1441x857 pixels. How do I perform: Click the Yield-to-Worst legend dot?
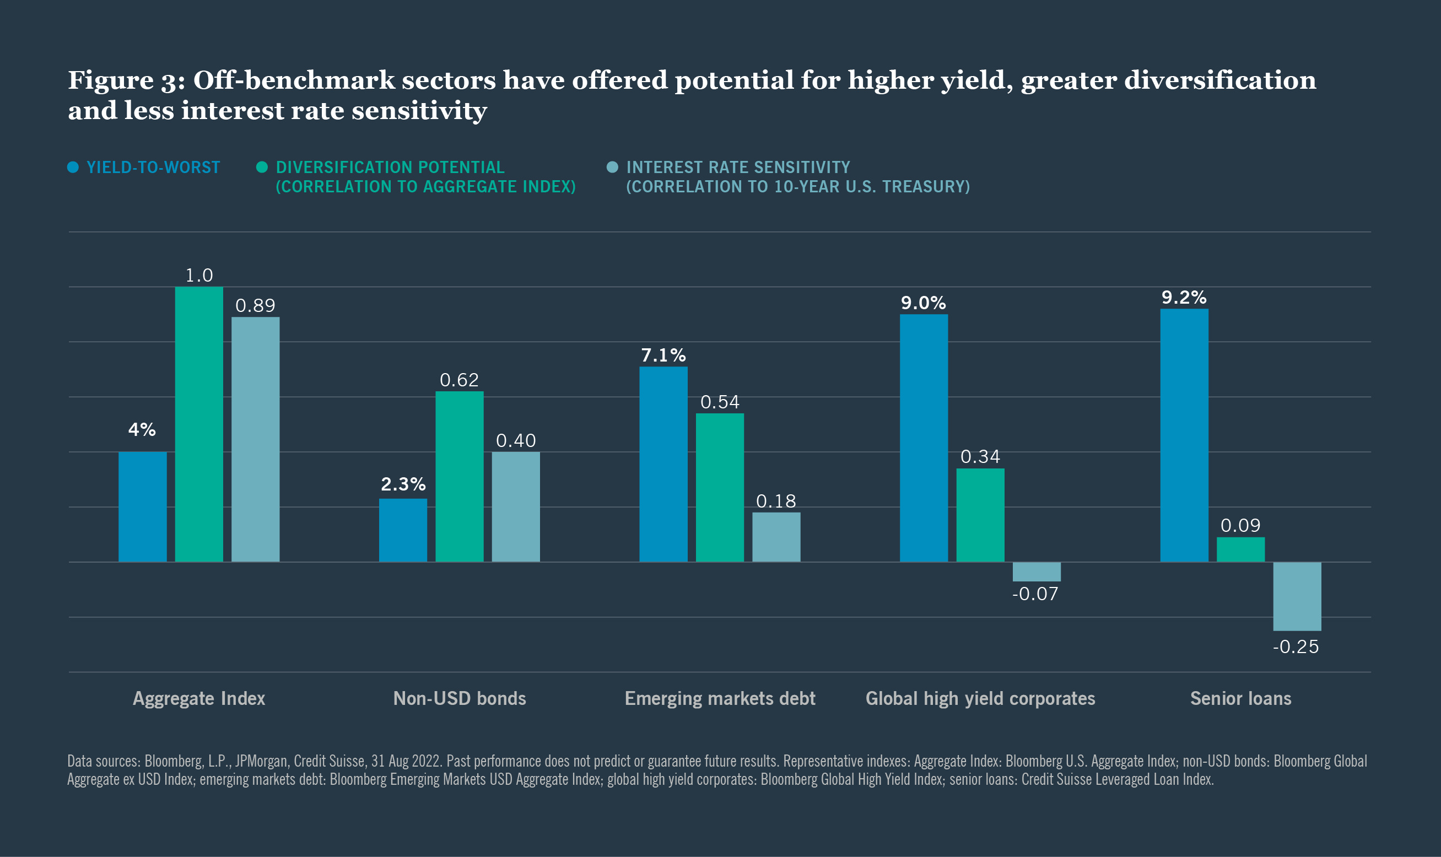[x=73, y=168]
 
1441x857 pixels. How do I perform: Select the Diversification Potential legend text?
[x=425, y=177]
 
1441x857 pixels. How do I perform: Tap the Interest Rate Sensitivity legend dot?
[x=613, y=168]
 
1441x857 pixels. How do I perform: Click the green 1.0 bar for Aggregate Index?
[x=199, y=424]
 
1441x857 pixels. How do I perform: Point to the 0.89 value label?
[x=255, y=305]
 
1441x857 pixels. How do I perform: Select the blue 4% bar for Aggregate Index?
[x=143, y=506]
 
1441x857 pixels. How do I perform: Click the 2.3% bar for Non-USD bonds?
[x=403, y=530]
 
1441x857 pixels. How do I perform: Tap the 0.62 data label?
[x=459, y=380]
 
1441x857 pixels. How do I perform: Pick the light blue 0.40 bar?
[x=516, y=506]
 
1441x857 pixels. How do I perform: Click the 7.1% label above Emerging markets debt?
[x=663, y=355]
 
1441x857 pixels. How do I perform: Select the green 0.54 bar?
[x=719, y=487]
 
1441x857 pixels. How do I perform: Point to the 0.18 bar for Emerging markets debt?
[x=776, y=536]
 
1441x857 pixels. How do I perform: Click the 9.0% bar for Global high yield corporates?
[x=924, y=438]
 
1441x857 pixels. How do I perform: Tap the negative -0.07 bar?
[x=1037, y=571]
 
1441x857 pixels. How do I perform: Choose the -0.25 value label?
[x=1296, y=647]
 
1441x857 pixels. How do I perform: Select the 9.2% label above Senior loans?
[x=1184, y=298]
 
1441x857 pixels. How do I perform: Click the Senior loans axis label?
[x=1240, y=699]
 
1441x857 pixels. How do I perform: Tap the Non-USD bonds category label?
[x=460, y=699]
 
